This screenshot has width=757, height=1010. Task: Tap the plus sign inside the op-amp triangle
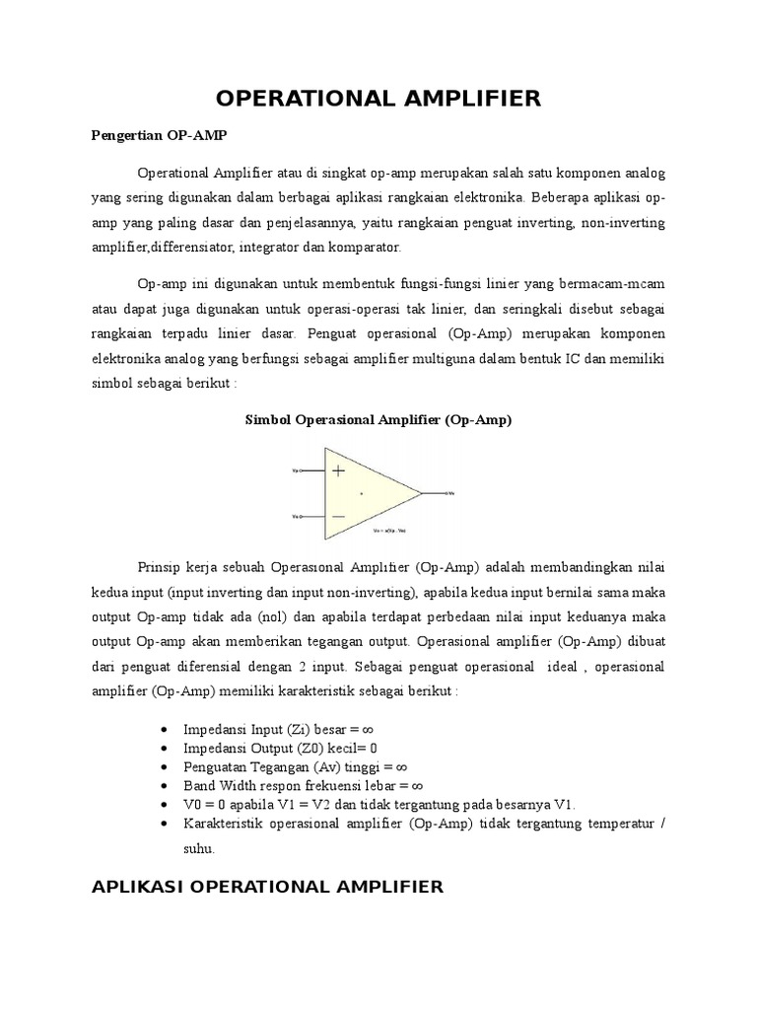338,471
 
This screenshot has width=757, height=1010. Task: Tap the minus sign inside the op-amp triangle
338,515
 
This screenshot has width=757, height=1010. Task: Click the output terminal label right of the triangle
449,492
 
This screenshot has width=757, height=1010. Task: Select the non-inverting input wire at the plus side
310,471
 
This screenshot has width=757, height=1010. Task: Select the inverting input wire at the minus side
310,515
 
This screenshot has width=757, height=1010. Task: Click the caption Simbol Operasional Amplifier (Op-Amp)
378,419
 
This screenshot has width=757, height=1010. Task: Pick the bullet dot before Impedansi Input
163,729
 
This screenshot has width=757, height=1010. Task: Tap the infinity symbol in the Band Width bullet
417,785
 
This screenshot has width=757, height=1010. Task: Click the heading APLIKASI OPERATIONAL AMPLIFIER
267,887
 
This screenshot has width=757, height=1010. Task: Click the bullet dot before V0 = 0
163,804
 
